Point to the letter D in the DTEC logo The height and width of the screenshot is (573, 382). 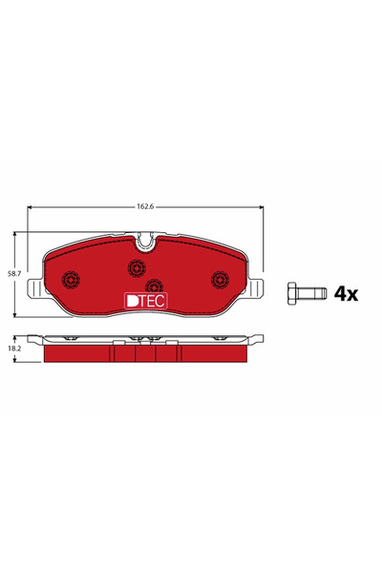point(132,300)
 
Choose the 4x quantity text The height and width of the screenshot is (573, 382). point(345,294)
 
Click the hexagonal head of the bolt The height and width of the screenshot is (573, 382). point(292,294)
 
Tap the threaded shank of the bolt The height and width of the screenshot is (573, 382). point(309,294)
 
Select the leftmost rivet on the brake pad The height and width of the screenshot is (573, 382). point(69,279)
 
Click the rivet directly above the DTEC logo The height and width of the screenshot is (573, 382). point(152,284)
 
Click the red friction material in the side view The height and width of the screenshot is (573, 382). point(86,354)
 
